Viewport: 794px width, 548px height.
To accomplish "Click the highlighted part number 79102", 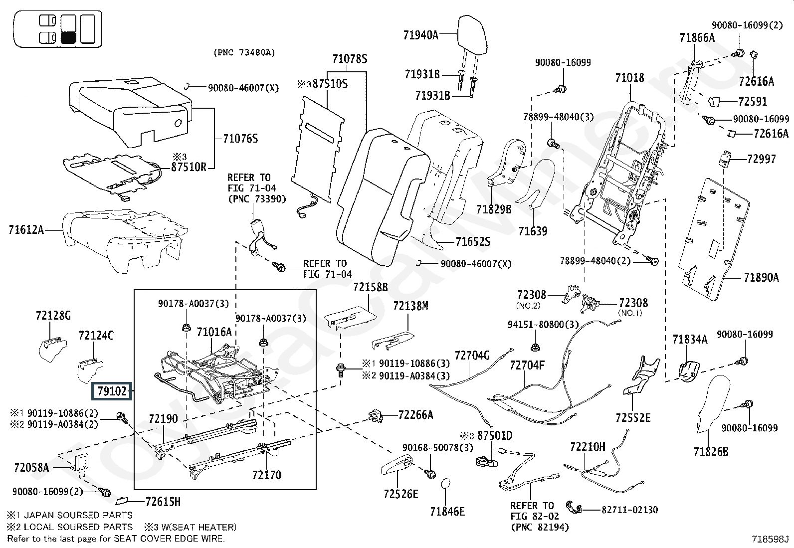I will coord(111,392).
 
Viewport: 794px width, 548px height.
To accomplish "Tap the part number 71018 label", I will coord(629,78).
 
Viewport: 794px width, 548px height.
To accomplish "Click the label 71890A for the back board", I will coord(761,277).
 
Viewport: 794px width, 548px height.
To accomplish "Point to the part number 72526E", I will coord(401,494).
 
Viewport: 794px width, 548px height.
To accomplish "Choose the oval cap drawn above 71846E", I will coord(446,486).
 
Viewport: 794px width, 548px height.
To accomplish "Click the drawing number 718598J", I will coord(771,539).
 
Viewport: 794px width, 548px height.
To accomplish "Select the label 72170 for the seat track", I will coord(266,475).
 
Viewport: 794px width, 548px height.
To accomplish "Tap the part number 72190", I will coord(163,419).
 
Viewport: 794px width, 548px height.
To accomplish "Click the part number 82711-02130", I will coord(629,510).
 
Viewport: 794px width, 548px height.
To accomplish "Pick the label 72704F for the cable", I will coord(527,365).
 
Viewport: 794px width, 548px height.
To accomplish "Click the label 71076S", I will coord(240,138).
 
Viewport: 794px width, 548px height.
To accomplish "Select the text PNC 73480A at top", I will coord(244,52).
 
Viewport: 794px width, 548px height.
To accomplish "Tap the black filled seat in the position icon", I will coord(68,38).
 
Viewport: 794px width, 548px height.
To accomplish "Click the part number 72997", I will coord(762,159).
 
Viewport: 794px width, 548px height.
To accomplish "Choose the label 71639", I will coord(533,231).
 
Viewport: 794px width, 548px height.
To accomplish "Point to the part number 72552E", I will coord(633,417).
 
